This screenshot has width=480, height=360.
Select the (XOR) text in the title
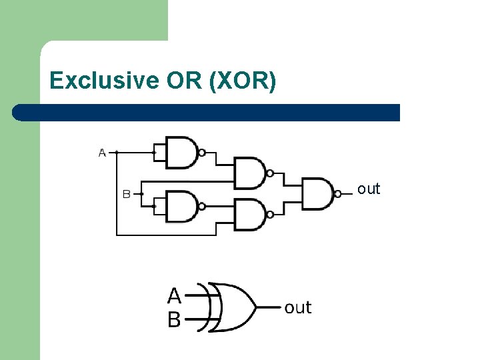pos(242,81)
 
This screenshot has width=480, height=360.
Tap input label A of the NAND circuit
pos(102,153)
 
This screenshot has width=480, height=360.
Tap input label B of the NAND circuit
pos(125,195)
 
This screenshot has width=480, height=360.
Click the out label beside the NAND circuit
pos(368,189)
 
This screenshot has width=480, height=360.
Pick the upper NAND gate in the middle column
pos(249,173)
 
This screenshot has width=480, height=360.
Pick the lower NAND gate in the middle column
pos(249,215)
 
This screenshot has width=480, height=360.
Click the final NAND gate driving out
pos(318,194)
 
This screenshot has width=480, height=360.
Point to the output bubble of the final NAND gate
pos(338,194)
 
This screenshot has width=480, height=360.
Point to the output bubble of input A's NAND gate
pos(202,153)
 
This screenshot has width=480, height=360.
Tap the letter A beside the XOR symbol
pos(174,295)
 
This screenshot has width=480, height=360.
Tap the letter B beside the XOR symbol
pos(174,320)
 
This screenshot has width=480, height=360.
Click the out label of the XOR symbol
pos(297,307)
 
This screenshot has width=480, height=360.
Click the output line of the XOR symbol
pos(268,307)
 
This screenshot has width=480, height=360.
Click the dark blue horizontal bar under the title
pos(207,112)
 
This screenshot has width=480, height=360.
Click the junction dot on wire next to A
pos(117,153)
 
